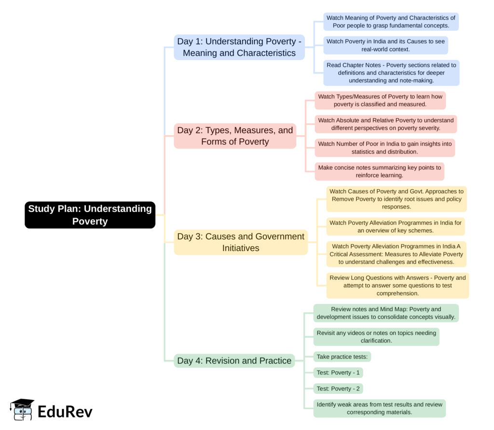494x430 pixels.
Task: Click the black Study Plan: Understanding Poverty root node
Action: click(x=90, y=215)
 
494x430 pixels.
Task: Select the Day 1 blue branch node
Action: click(x=239, y=47)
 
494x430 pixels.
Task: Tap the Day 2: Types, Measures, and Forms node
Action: click(x=235, y=136)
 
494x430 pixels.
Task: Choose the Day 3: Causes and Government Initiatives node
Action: click(x=241, y=242)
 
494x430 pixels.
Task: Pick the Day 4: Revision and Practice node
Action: click(x=234, y=361)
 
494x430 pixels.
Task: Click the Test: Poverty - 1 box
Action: click(x=338, y=373)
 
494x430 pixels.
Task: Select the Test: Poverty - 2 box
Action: click(x=338, y=388)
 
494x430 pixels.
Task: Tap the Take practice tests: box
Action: click(x=342, y=357)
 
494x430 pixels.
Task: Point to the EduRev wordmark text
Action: click(x=65, y=412)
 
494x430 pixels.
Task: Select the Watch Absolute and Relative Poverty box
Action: click(x=385, y=124)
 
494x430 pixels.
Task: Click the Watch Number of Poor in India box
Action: click(x=384, y=148)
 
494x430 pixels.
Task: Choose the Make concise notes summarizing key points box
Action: click(x=379, y=171)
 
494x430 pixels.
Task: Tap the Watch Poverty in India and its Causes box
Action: click(x=385, y=45)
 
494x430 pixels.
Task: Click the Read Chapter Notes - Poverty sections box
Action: click(x=391, y=73)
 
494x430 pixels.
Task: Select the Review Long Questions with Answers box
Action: click(x=398, y=285)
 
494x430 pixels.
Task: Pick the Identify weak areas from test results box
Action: click(x=379, y=408)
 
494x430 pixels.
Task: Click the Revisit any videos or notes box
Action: click(x=376, y=336)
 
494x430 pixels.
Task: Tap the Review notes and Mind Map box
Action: click(x=386, y=313)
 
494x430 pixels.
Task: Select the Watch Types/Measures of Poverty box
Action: click(x=380, y=100)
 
